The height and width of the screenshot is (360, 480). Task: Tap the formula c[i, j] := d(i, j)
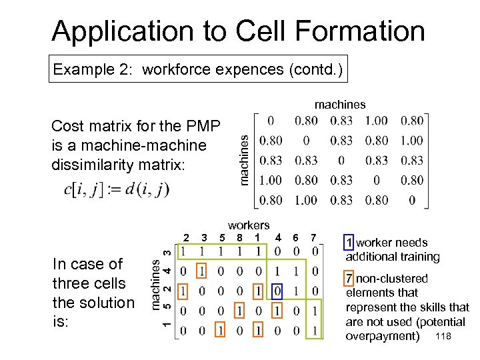pyautogui.click(x=117, y=189)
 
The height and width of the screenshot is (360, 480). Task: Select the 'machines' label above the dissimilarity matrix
pyautogui.click(x=340, y=104)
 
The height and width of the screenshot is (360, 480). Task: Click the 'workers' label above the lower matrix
pyautogui.click(x=249, y=225)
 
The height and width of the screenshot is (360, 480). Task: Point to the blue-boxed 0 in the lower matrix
pyautogui.click(x=278, y=291)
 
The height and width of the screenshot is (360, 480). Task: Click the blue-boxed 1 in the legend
pyautogui.click(x=349, y=243)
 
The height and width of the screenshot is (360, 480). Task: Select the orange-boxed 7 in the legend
pyautogui.click(x=349, y=279)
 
